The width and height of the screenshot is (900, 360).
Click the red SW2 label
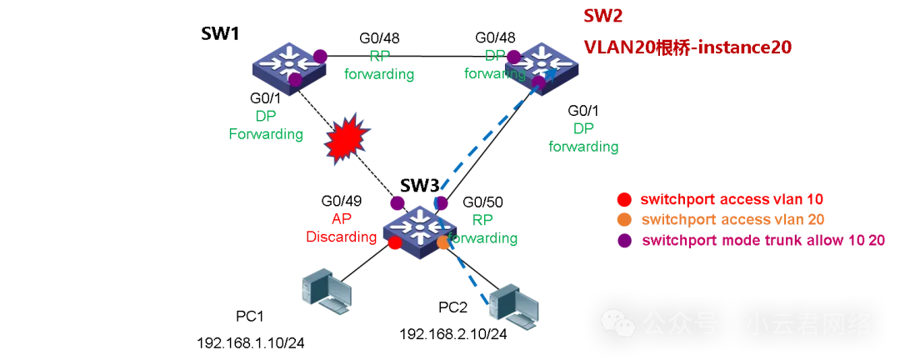click(602, 17)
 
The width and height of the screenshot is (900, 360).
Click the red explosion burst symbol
click(345, 138)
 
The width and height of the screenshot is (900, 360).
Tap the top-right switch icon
click(542, 67)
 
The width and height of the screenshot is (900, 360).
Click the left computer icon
click(326, 292)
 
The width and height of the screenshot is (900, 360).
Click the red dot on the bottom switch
click(395, 242)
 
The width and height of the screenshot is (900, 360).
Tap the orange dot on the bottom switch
click(443, 242)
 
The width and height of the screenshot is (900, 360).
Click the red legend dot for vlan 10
click(622, 200)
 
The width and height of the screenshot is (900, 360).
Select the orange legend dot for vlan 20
click(622, 220)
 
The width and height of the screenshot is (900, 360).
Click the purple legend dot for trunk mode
click(622, 241)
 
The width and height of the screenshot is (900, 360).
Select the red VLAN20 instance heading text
click(687, 48)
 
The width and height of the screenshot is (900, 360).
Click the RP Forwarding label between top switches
click(379, 65)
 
